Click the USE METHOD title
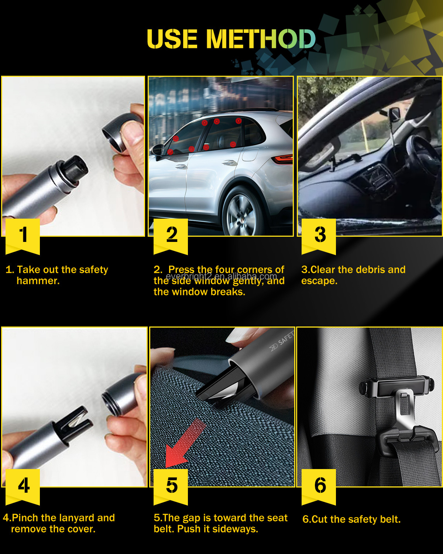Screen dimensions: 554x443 click(x=231, y=39)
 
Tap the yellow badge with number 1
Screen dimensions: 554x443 click(x=23, y=235)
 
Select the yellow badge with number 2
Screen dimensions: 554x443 click(x=171, y=235)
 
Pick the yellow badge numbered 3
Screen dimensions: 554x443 click(x=319, y=235)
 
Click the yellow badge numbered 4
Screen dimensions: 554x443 click(x=23, y=485)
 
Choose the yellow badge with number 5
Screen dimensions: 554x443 click(x=171, y=485)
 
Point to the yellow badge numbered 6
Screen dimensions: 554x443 click(x=319, y=485)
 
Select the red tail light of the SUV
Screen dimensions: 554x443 click(x=282, y=159)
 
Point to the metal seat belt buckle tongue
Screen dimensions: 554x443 click(x=404, y=410)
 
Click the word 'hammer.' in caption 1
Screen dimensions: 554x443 click(x=38, y=281)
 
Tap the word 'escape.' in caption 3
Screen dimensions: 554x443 click(x=319, y=281)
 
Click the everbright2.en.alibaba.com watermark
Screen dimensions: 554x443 click(x=221, y=276)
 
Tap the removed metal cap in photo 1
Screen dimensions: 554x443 click(x=122, y=133)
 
